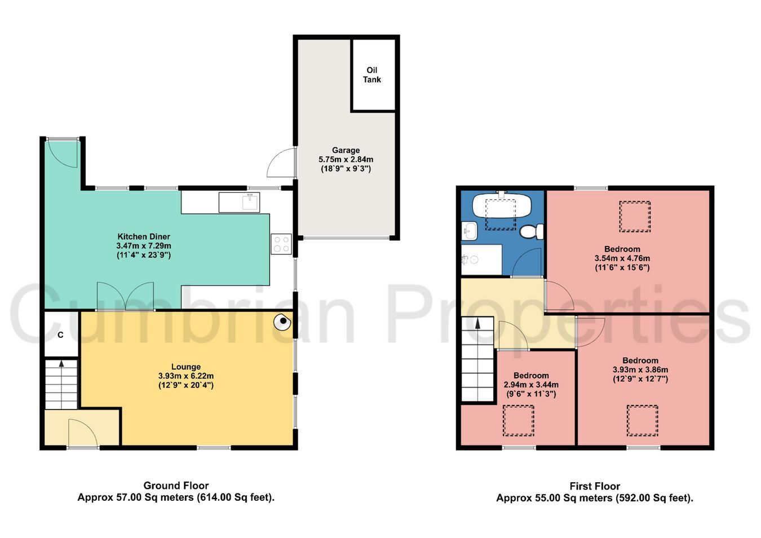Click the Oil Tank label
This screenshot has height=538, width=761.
point(371,75)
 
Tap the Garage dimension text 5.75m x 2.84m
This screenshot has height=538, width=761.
point(346,160)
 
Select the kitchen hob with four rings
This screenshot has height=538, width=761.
point(281,244)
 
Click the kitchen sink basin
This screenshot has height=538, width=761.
point(251,202)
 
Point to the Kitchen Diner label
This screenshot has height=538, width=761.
point(144,236)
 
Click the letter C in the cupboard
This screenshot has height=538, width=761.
point(60,335)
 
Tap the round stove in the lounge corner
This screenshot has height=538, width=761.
point(282,321)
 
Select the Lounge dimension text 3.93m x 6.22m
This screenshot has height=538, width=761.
point(186,376)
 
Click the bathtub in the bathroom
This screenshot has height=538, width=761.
point(501,205)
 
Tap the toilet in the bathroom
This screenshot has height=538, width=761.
point(532,231)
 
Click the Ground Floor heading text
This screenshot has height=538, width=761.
point(176,486)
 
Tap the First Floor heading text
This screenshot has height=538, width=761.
point(595,486)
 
